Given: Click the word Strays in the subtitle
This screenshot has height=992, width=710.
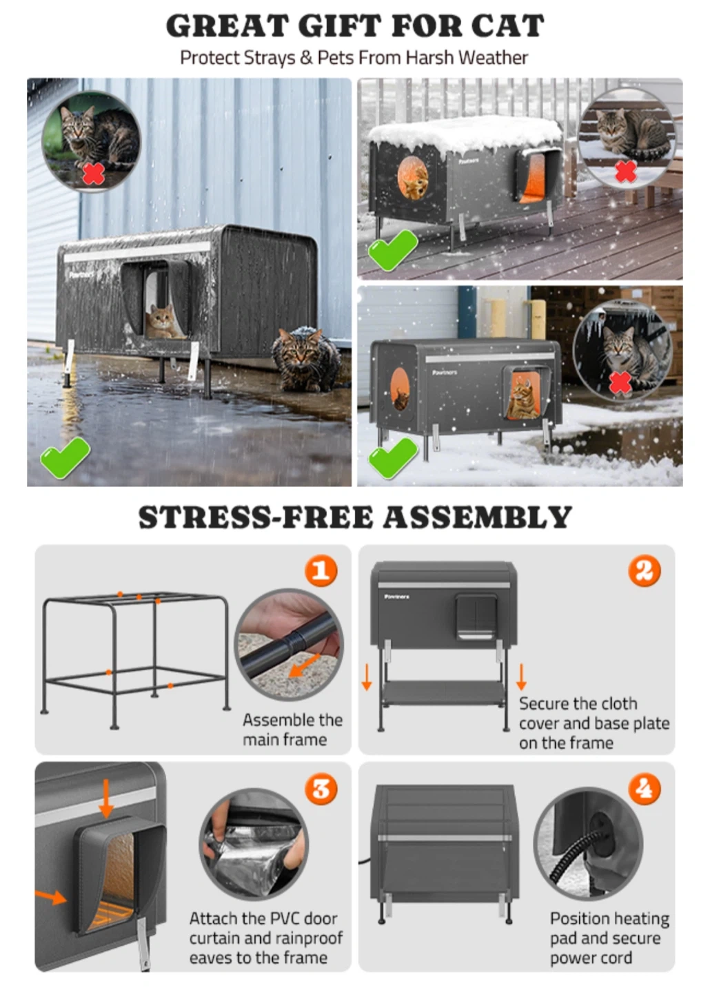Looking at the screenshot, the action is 269,58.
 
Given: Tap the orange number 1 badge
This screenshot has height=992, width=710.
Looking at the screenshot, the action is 321,571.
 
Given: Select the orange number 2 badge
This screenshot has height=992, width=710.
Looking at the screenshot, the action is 645,571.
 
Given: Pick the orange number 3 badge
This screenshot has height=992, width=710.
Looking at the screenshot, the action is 321,789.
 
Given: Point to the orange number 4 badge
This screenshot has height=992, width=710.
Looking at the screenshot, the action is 645,789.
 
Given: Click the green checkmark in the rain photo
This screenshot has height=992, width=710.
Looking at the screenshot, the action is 65,457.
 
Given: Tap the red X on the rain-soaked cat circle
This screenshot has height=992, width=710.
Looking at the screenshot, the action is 94,173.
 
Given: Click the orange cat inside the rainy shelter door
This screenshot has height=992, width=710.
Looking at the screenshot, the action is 162,322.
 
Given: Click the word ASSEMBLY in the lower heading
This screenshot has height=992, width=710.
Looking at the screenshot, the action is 477,517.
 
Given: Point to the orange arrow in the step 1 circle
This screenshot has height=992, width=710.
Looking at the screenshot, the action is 304,666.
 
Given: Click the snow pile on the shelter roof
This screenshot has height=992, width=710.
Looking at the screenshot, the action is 465,134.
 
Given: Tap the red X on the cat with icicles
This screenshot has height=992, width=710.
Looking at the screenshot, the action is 620,382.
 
